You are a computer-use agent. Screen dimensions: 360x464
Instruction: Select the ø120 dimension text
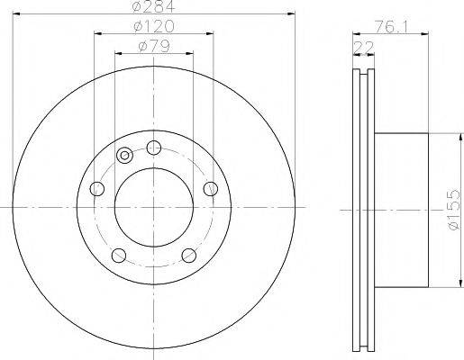(x=154, y=27)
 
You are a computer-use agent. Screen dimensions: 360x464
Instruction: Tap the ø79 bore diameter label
(x=153, y=47)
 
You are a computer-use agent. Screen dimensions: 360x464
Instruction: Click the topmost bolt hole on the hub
(x=154, y=147)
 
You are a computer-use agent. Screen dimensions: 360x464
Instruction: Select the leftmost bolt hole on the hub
(x=97, y=188)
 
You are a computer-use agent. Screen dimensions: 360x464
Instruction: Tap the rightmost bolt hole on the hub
(x=211, y=187)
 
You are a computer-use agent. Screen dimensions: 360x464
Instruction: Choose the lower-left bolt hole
(x=119, y=255)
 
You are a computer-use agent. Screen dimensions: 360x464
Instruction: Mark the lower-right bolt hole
(x=189, y=255)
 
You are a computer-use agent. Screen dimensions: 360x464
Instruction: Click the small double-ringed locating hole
(x=124, y=157)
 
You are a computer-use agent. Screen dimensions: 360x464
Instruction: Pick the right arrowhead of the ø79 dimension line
(x=190, y=54)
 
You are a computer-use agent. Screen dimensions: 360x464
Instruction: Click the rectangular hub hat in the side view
(x=401, y=209)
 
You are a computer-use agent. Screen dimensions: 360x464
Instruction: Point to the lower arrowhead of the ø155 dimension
(x=442, y=284)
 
